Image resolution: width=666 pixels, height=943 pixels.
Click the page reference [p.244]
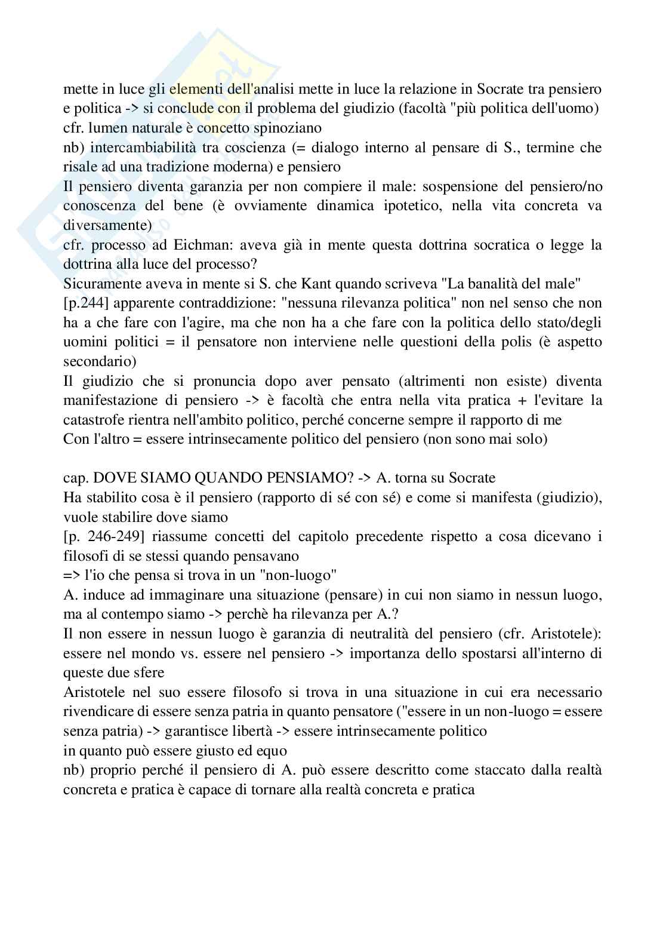pos(86,303)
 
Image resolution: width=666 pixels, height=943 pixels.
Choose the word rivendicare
pos(97,712)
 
